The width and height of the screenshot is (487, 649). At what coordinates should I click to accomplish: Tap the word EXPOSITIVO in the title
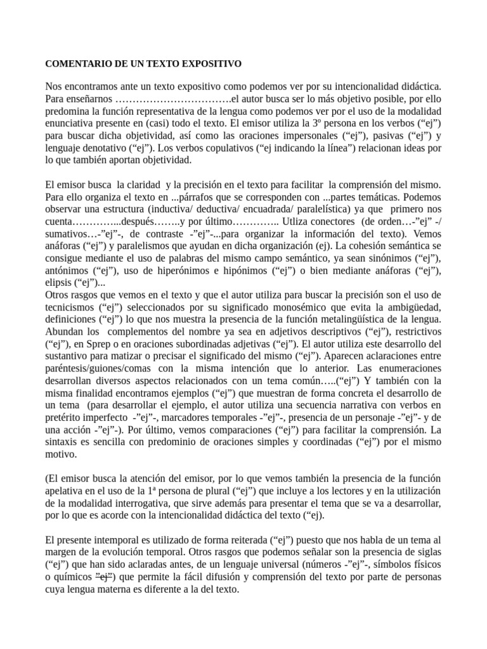(209, 64)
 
